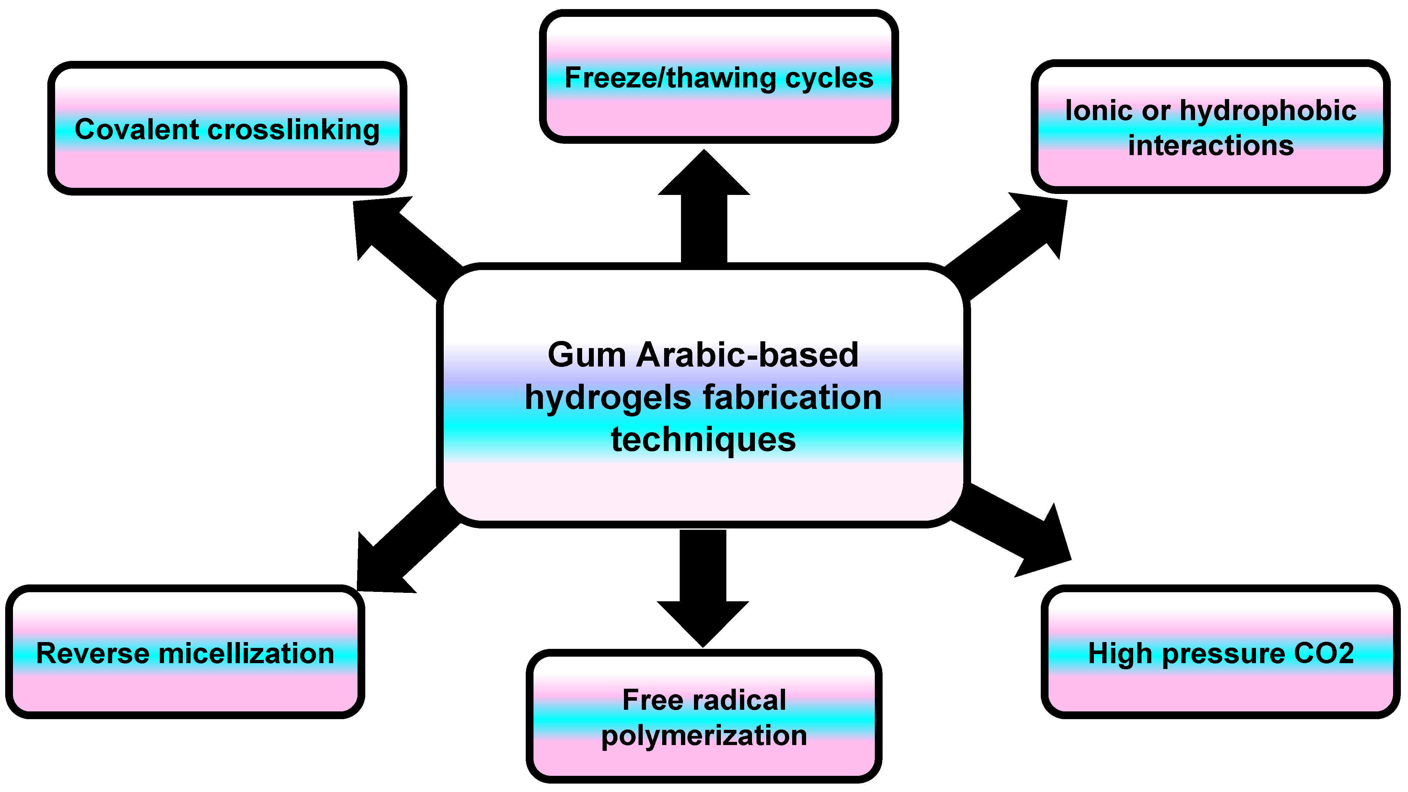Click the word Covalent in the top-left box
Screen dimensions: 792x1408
pos(136,130)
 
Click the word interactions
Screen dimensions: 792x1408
pos(1211,146)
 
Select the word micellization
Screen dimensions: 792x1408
pos(246,654)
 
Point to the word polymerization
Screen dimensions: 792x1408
pos(704,736)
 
